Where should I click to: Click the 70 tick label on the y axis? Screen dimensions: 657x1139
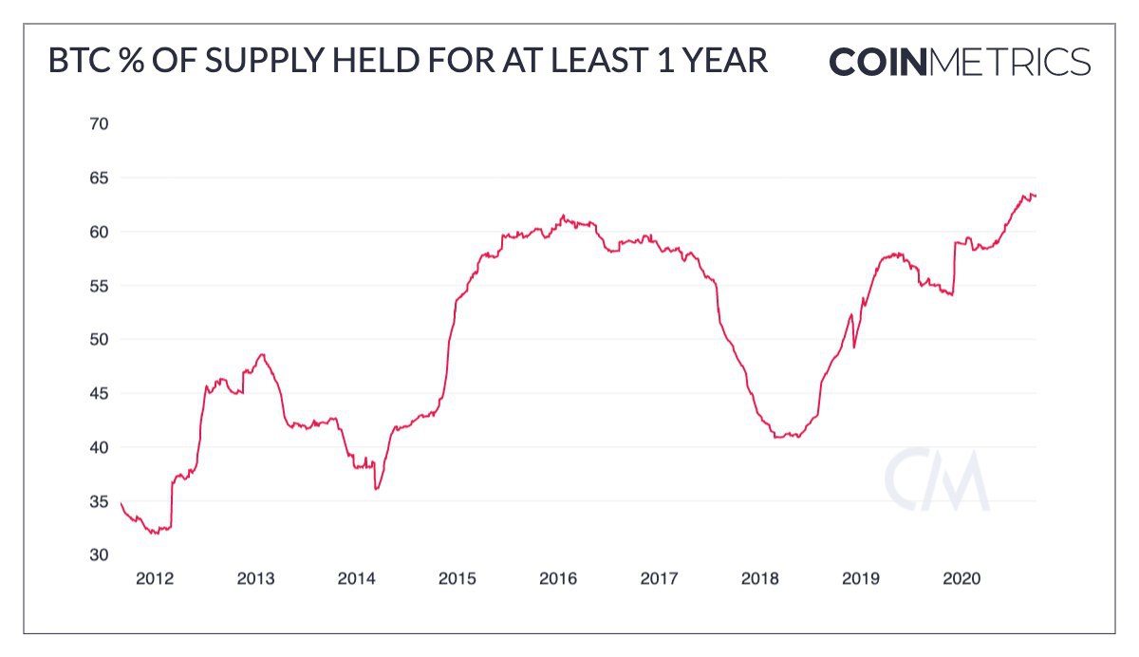pos(100,123)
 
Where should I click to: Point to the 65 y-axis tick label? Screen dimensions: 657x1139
pos(100,178)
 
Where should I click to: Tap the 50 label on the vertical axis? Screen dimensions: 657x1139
pos(100,339)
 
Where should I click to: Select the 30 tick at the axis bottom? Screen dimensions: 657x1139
pos(100,554)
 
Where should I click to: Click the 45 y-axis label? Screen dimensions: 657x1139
pos(100,393)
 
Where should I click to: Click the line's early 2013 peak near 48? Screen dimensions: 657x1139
pos(262,354)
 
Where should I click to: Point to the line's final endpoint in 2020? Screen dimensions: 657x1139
pos(1036,196)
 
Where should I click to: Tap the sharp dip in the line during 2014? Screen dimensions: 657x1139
pos(377,489)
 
